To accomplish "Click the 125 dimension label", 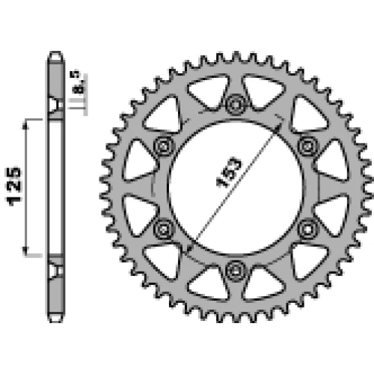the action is point(14,186).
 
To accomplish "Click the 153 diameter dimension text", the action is point(229,172).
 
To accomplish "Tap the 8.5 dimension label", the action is point(79,83).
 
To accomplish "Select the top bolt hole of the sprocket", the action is point(236,104).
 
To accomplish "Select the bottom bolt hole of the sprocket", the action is point(236,271).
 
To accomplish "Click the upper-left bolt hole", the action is point(164,146).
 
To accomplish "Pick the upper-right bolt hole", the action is point(308,146).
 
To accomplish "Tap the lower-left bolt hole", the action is point(164,228).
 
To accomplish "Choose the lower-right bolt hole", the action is point(308,228).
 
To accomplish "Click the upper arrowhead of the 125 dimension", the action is point(25,125).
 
